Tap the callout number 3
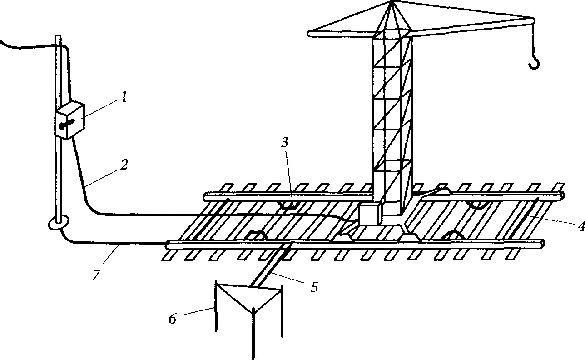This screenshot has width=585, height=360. (284, 143)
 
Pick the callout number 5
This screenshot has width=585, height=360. (314, 287)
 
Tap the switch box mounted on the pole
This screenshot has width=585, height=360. (69, 120)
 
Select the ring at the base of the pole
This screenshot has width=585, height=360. (59, 224)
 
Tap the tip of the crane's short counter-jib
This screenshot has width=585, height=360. (310, 33)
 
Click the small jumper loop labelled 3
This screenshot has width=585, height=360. (288, 206)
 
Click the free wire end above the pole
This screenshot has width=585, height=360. (2, 42)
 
